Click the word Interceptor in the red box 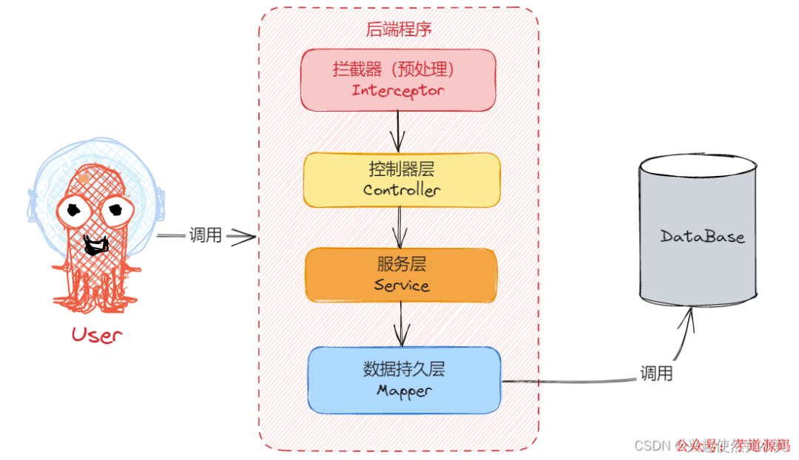click(398, 91)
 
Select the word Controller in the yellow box click(402, 190)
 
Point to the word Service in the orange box click(402, 285)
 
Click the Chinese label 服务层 click(402, 264)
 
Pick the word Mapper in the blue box click(404, 390)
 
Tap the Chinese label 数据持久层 click(404, 368)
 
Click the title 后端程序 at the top click(399, 30)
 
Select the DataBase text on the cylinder click(702, 237)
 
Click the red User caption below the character click(96, 334)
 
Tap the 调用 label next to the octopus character click(206, 236)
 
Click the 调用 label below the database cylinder click(656, 373)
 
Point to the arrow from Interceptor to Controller click(399, 130)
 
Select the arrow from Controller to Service click(400, 226)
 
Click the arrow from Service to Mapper click(402, 324)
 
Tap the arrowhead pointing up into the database click(691, 314)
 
